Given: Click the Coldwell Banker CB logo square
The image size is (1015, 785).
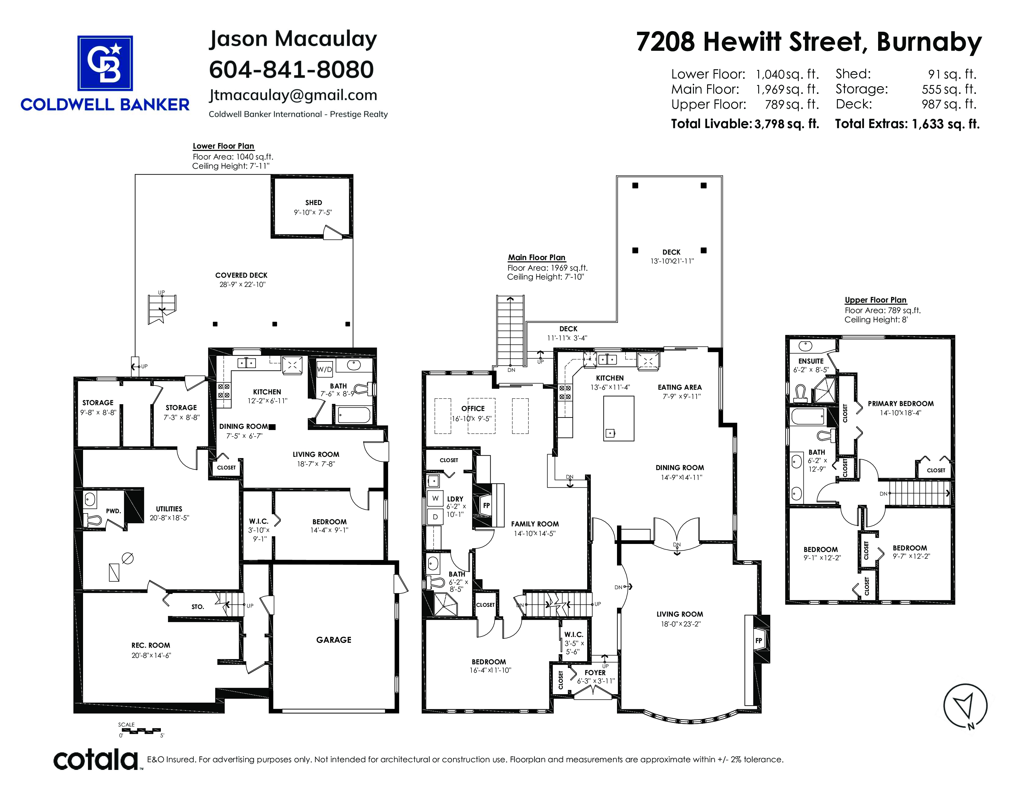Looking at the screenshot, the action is point(105,63).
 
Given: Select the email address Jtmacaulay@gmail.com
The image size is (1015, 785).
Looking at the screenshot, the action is point(293,95).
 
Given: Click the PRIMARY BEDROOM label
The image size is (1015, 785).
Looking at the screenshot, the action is point(901,404).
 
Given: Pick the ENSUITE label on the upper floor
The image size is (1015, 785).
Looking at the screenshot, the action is point(811,361).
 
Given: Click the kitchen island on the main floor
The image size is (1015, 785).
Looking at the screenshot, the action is point(619,418).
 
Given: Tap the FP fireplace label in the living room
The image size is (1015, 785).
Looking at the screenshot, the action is point(758,640).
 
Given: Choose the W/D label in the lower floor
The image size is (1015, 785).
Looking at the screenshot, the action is point(324,370).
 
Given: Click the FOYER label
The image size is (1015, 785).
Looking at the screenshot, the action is point(595,672).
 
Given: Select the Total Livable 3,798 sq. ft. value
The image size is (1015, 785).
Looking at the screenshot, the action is point(786,124).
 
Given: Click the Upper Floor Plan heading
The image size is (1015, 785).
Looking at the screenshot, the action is point(876,300).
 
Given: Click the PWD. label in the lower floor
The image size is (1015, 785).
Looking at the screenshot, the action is point(113,511).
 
